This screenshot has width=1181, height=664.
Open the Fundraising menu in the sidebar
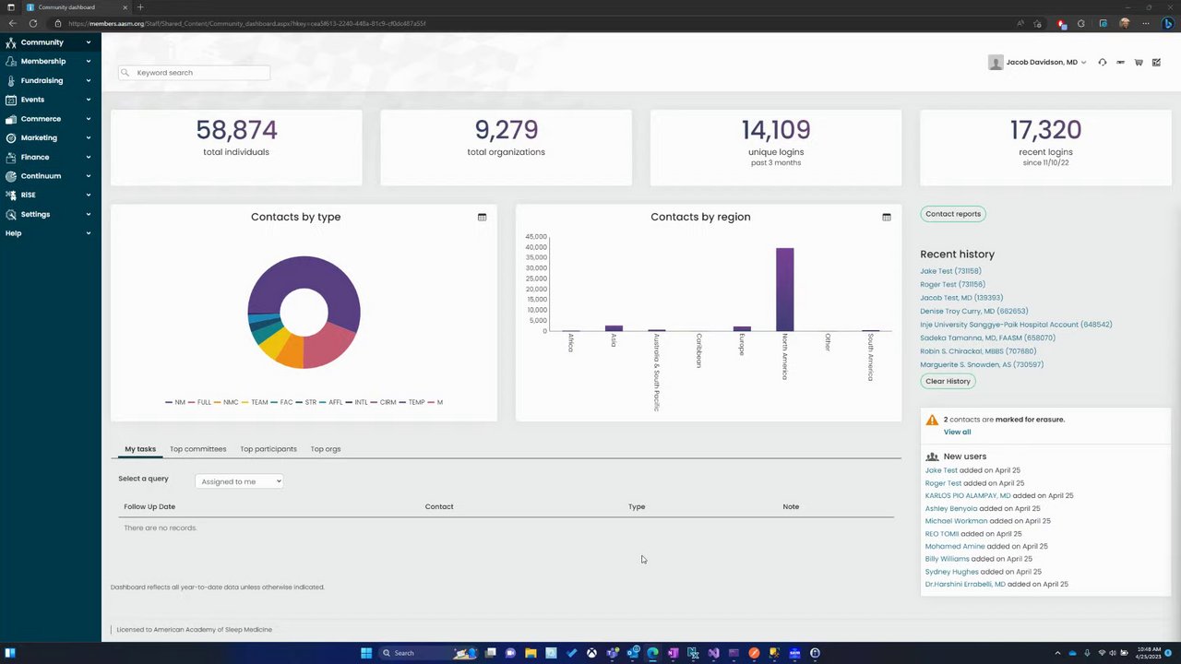pyautogui.click(x=42, y=80)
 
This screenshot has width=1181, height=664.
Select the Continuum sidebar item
pyautogui.click(x=41, y=176)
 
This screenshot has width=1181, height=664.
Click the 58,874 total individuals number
pyautogui.click(x=236, y=130)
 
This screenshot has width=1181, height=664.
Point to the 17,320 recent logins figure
pyautogui.click(x=1045, y=130)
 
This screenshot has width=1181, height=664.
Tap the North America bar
pyautogui.click(x=784, y=289)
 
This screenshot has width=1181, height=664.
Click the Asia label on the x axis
pyautogui.click(x=613, y=340)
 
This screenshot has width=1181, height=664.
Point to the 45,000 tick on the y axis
pyautogui.click(x=536, y=237)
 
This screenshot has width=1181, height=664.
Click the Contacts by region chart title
pyautogui.click(x=700, y=217)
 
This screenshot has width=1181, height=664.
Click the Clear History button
pyautogui.click(x=948, y=381)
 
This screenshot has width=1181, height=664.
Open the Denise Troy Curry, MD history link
pyautogui.click(x=973, y=311)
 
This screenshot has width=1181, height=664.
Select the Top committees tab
pyautogui.click(x=197, y=449)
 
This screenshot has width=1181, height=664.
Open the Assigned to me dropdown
pyautogui.click(x=239, y=481)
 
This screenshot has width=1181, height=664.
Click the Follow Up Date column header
pyautogui.click(x=149, y=506)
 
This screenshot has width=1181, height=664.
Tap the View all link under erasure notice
pyautogui.click(x=957, y=432)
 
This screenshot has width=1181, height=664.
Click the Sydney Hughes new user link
pyautogui.click(x=951, y=572)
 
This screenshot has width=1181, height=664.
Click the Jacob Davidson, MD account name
pyautogui.click(x=1042, y=63)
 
